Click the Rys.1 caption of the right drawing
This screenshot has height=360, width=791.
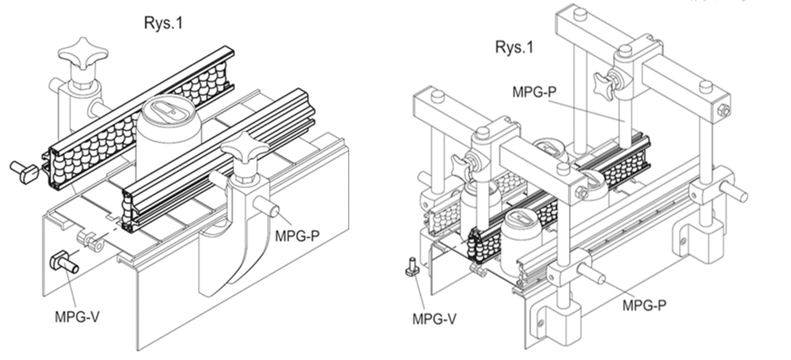515,46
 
